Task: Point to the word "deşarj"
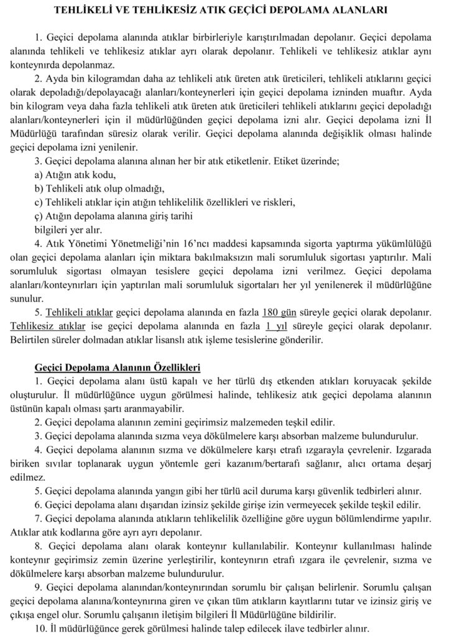coord(430,463)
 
